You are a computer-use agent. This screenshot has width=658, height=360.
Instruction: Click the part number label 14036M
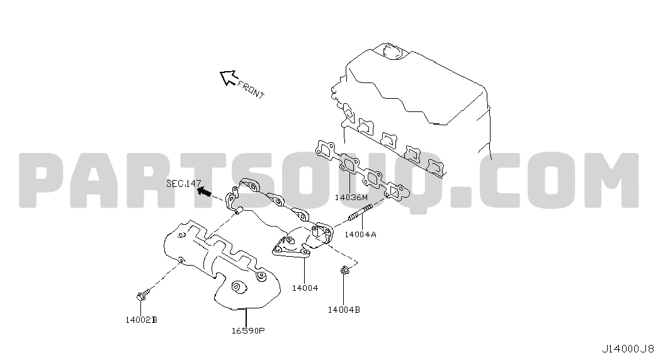click(351, 197)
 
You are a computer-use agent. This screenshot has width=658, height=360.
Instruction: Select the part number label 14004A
click(360, 235)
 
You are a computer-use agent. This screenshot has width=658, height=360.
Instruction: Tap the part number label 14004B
click(344, 310)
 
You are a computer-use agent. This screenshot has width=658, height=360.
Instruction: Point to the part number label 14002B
click(142, 320)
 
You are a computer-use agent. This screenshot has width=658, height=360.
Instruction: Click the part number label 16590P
click(248, 330)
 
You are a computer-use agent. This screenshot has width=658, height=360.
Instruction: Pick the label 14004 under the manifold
click(305, 288)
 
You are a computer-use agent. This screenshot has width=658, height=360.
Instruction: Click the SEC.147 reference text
click(184, 183)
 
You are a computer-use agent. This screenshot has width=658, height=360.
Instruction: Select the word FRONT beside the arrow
click(251, 89)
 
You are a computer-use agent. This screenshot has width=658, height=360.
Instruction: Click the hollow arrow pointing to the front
click(229, 77)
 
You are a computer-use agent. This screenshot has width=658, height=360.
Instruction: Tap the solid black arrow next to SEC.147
click(205, 192)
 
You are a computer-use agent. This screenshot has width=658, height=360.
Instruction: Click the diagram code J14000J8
click(628, 349)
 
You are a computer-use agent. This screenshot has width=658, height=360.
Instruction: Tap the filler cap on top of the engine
click(393, 50)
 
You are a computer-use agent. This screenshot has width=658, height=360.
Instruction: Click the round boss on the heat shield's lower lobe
click(237, 287)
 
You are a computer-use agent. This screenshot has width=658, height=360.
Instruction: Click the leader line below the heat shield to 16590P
click(246, 317)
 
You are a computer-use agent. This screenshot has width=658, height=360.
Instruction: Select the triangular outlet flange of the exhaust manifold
click(292, 249)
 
